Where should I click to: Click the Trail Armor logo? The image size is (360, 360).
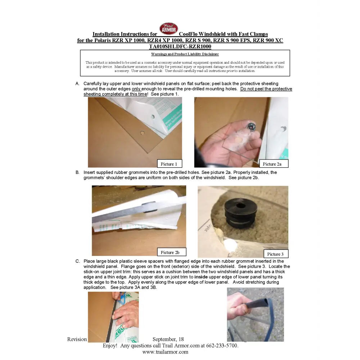click(x=168, y=28)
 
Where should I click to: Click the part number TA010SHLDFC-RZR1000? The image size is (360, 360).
click(x=180, y=46)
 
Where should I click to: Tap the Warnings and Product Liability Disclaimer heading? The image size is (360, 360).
click(x=185, y=54)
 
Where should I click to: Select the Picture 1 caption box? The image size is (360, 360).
click(x=170, y=164)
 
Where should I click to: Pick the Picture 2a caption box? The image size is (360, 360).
click(x=274, y=164)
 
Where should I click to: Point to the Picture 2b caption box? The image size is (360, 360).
click(x=171, y=252)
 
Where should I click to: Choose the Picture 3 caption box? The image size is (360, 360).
click(x=276, y=254)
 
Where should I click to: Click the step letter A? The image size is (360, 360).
click(x=77, y=84)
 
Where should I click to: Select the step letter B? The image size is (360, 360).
click(x=77, y=172)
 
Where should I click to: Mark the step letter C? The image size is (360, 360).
click(x=78, y=261)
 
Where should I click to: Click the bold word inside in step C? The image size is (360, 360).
click(x=201, y=277)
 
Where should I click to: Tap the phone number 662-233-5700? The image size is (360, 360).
click(x=222, y=346)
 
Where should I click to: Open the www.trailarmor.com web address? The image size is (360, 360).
click(x=165, y=352)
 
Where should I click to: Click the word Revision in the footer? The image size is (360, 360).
click(x=77, y=339)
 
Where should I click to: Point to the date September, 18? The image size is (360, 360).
click(x=168, y=339)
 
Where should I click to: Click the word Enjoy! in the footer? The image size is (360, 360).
click(x=110, y=346)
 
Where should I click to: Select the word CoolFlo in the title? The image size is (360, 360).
click(x=188, y=34)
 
